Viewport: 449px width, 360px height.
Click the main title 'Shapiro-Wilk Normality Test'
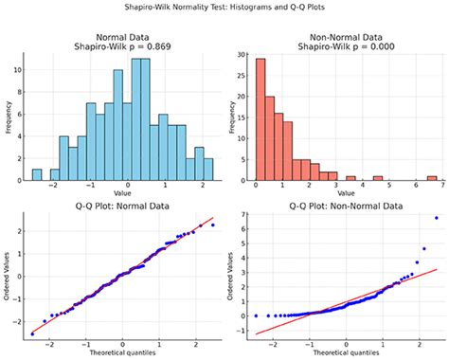(224, 9)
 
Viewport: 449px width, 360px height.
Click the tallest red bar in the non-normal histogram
(260, 118)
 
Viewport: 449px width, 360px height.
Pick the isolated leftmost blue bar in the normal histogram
(37, 174)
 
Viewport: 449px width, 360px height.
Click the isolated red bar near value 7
(432, 177)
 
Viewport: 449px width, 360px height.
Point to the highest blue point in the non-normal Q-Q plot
(436, 218)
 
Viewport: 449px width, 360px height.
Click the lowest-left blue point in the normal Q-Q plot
(33, 333)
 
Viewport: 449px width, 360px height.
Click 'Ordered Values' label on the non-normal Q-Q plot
(228, 278)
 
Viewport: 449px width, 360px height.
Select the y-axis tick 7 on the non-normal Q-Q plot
(242, 216)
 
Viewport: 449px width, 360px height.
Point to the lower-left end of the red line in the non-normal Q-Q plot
(256, 333)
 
